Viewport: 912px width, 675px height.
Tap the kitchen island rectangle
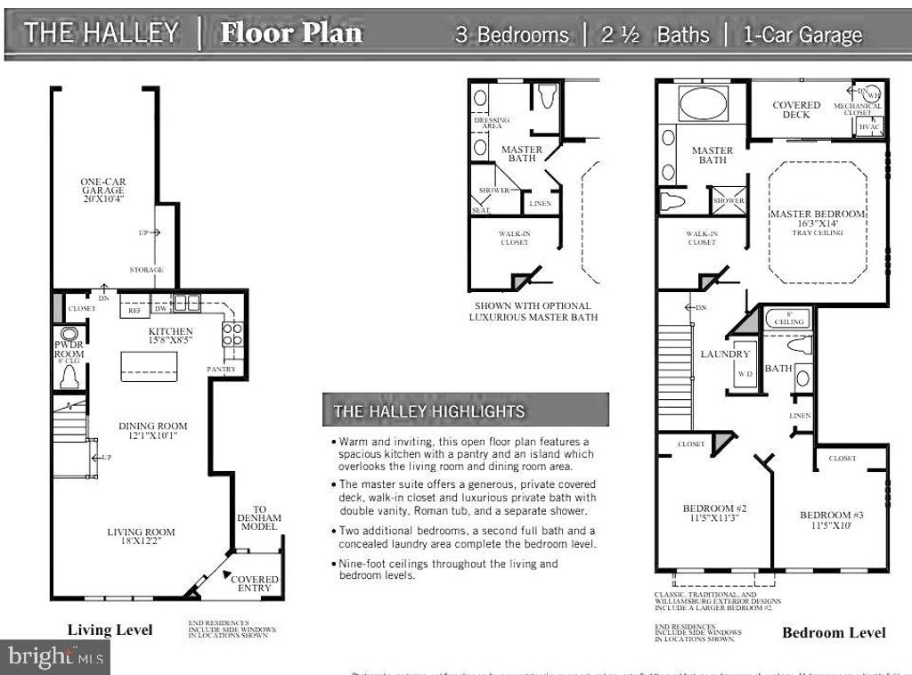[x=149, y=366]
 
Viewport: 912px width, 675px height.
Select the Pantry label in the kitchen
[x=221, y=368]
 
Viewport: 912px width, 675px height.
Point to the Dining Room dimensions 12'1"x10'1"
[x=153, y=437]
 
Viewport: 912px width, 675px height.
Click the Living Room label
[x=141, y=532]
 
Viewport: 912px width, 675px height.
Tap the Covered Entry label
[x=255, y=584]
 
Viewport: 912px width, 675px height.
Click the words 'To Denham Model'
[x=258, y=518]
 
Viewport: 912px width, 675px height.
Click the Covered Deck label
[x=796, y=110]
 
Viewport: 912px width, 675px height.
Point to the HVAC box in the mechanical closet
[x=868, y=127]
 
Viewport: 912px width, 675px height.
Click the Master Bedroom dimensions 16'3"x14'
[x=817, y=224]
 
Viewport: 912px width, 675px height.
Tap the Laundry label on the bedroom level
[x=725, y=354]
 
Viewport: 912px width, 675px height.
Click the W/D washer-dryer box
[x=744, y=374]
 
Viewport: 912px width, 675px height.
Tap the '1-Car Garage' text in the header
[x=800, y=35]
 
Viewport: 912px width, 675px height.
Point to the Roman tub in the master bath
[x=704, y=103]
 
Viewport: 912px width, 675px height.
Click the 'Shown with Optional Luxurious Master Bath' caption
[x=533, y=311]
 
